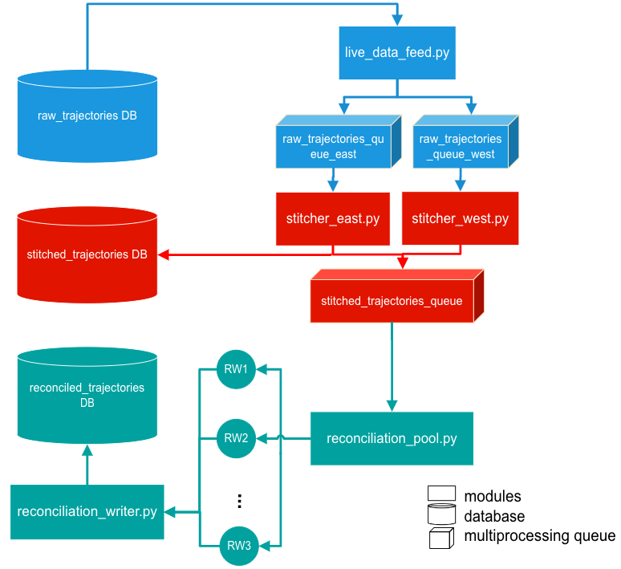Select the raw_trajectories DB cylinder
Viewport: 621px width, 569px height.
87,116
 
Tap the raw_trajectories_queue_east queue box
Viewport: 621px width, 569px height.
333,145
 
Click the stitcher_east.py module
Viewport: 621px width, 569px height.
333,218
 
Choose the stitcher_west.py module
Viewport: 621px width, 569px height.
460,218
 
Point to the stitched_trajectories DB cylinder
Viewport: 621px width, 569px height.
87,254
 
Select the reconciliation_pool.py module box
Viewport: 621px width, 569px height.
392,438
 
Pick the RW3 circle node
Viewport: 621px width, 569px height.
238,546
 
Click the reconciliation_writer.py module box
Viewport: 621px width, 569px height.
87,512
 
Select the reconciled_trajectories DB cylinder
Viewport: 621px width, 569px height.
87,395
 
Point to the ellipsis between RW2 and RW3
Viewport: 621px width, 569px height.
239,502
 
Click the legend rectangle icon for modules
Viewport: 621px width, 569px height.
442,496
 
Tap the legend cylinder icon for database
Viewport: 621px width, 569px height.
442,516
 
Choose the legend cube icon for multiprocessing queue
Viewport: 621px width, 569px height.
442,537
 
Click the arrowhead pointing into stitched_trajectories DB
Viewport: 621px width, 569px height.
164,255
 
